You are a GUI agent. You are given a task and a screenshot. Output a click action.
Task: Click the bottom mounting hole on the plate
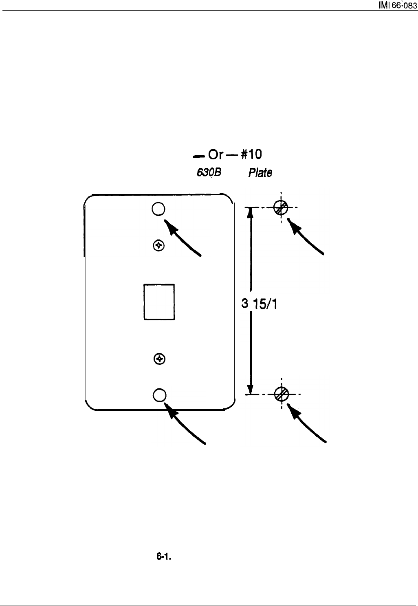159,394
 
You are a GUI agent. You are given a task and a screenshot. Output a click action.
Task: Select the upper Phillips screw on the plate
158,245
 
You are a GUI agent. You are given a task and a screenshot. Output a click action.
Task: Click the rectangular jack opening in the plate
159,302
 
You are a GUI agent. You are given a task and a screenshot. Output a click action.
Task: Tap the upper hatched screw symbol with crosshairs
281,207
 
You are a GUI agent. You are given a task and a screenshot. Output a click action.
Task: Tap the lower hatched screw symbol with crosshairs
282,394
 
